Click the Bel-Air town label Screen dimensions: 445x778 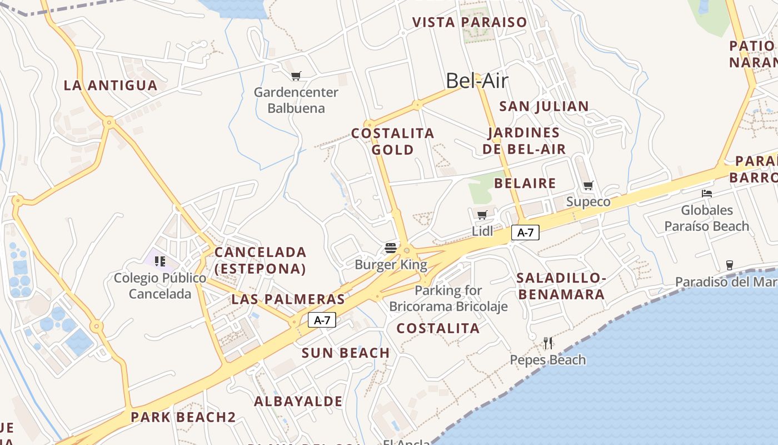477,81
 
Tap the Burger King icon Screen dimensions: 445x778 391,248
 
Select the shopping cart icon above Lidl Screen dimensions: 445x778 482,215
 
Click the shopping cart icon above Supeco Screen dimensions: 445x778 588,185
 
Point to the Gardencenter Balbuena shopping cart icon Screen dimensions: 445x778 296,76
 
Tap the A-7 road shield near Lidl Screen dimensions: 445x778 525,233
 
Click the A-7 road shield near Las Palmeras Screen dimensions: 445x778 322,320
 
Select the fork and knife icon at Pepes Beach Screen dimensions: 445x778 548,343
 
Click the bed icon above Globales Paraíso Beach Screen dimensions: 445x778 707,194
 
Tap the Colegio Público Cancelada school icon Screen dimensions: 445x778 160,261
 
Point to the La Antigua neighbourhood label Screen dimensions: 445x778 111,86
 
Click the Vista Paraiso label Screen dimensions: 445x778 470,22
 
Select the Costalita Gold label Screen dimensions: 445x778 393,141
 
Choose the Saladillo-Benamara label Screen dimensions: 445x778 561,286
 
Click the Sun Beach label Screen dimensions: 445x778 346,353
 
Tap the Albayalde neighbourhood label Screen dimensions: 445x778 298,401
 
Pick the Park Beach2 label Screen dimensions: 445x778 183,417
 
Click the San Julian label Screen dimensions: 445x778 543,106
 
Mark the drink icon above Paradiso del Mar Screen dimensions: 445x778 729,265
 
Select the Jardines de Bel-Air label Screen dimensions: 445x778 524,141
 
